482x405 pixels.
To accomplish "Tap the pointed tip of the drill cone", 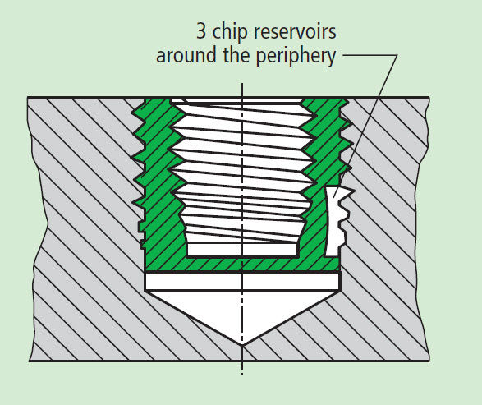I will click(x=242, y=343).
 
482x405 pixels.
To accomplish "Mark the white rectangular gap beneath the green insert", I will click(x=242, y=282).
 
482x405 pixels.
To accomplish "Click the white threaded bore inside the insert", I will click(x=242, y=164).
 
